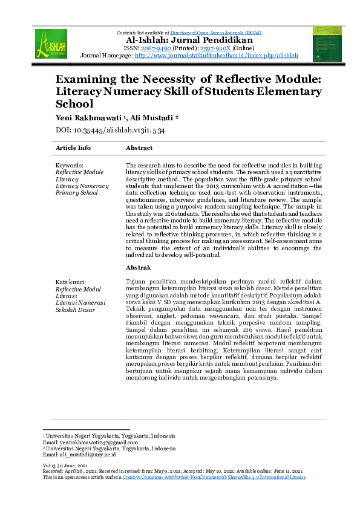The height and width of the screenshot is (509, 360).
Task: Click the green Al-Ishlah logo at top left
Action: (51, 44)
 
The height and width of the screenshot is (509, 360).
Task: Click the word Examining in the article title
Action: (92, 79)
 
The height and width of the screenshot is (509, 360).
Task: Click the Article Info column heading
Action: (73, 148)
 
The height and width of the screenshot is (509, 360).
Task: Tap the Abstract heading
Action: (139, 148)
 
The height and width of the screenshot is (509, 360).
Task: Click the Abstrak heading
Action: (138, 267)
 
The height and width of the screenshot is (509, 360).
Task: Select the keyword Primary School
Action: (76, 193)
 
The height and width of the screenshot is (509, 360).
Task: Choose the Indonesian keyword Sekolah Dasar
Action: (75, 310)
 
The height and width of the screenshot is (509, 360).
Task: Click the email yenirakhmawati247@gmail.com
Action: (91, 443)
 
